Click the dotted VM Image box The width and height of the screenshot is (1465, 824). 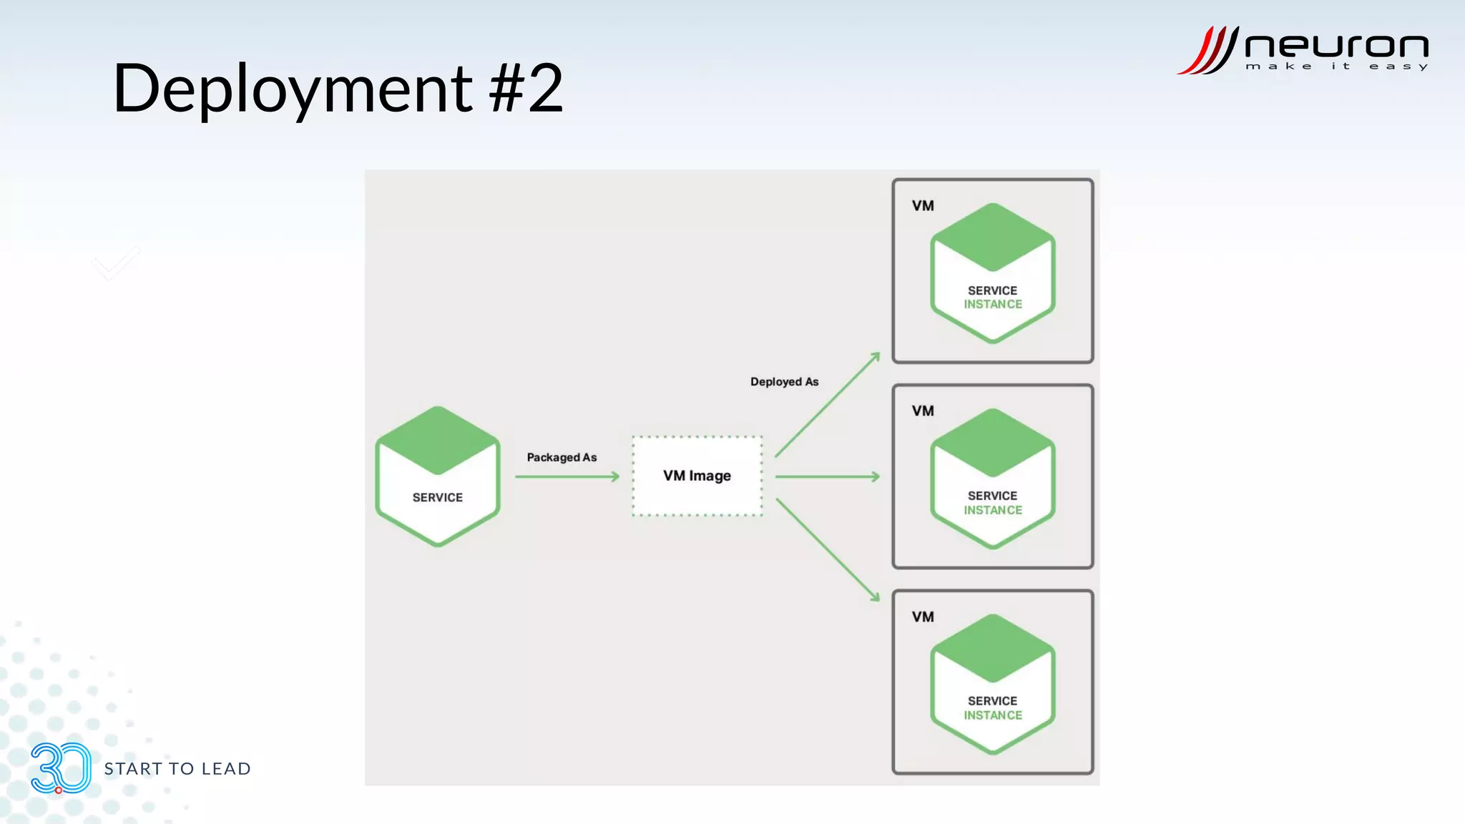click(697, 476)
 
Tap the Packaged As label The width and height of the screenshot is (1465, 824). click(562, 457)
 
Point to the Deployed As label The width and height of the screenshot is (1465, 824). click(784, 382)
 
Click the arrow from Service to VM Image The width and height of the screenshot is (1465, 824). click(567, 476)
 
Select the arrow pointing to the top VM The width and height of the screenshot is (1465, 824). click(827, 404)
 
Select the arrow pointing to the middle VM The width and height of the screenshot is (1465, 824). click(827, 476)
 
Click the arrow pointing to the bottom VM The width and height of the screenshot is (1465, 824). click(827, 549)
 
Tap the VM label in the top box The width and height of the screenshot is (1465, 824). click(923, 206)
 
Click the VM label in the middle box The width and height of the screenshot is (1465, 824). click(923, 411)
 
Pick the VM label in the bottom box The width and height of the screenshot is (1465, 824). click(923, 617)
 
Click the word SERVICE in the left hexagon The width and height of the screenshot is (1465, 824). click(437, 497)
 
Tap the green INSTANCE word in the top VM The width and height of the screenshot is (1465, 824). click(993, 305)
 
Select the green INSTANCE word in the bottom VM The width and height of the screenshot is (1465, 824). click(993, 715)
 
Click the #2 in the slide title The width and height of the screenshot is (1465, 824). click(526, 89)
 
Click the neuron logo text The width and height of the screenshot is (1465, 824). click(1336, 46)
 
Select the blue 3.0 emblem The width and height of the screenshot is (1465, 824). click(61, 768)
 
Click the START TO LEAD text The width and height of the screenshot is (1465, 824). click(177, 769)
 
